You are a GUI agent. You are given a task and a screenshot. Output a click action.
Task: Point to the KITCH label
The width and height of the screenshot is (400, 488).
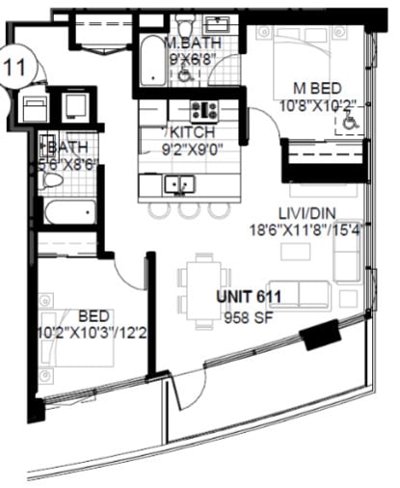[x=195, y=132]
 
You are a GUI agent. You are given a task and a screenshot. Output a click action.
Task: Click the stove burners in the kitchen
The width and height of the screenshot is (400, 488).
[x=203, y=110]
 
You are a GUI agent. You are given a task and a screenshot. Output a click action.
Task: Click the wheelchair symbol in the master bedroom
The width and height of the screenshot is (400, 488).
[x=348, y=122]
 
